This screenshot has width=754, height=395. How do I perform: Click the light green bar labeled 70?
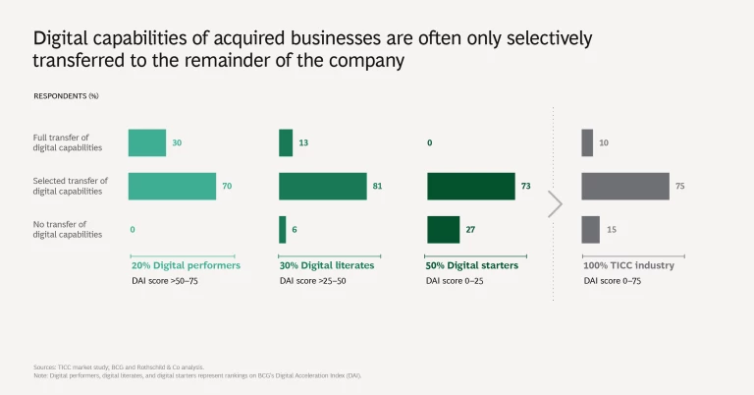tap(172, 186)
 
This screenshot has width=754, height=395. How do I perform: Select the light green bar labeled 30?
tap(147, 142)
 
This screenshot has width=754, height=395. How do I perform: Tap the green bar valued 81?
tap(322, 186)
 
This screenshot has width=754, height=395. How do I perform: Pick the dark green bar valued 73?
tap(470, 186)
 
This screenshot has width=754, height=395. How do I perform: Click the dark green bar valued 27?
tap(443, 229)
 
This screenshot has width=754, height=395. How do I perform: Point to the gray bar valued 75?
tap(625, 186)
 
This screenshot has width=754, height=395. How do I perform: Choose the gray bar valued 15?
tap(590, 229)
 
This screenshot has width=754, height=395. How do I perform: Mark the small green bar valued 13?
tap(286, 142)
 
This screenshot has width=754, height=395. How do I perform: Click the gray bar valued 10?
tap(587, 142)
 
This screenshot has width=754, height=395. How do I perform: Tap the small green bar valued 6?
tap(283, 229)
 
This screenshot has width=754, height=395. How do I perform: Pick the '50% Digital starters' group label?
tap(472, 265)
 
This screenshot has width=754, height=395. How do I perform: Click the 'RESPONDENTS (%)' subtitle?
tap(66, 96)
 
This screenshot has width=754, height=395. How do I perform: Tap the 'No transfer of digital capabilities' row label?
tap(68, 230)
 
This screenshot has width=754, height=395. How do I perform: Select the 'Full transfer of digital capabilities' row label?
tap(68, 142)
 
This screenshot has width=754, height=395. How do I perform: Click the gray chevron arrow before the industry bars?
tap(555, 203)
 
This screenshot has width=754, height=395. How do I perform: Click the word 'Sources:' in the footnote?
tap(44, 367)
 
